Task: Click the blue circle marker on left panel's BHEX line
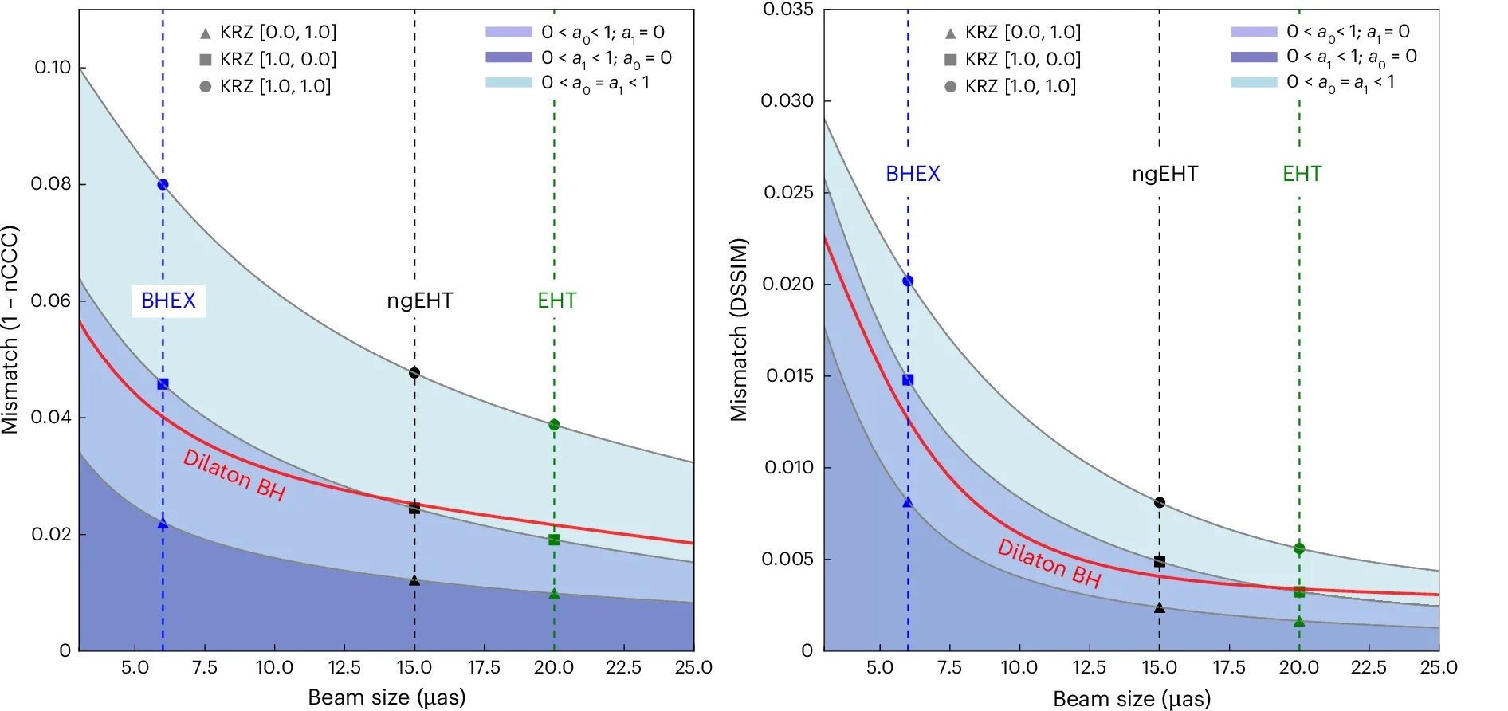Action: (163, 184)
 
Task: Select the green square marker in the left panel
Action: (554, 540)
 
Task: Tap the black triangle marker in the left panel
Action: (414, 581)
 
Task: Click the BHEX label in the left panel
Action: (168, 301)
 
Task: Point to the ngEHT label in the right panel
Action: (1164, 174)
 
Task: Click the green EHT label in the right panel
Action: (1302, 174)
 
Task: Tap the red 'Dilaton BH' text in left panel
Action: (234, 474)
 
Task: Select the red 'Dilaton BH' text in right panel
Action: (1049, 564)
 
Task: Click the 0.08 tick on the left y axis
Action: (51, 184)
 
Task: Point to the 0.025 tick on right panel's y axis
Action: (787, 192)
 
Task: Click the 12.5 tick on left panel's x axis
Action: (344, 667)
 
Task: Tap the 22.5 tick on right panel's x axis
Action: (1369, 667)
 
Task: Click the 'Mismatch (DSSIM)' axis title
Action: (739, 329)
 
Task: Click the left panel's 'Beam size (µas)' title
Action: (387, 697)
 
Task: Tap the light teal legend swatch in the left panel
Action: (509, 82)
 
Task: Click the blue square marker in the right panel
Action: (908, 380)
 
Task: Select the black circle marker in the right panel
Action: (1159, 502)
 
